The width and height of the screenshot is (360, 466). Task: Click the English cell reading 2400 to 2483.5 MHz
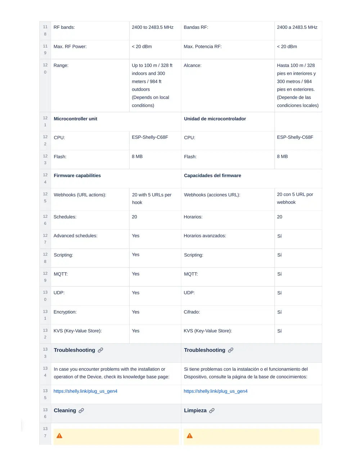point(152,27)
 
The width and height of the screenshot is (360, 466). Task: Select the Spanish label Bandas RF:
point(196,27)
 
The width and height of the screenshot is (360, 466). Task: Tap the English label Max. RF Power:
point(70,46)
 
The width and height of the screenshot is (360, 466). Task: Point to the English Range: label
point(61,66)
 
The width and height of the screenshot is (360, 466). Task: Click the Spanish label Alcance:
point(193,66)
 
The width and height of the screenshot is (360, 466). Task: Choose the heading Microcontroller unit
point(75,119)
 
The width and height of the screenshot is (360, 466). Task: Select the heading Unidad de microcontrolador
point(215,119)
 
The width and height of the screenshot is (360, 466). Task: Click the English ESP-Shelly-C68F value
point(150,137)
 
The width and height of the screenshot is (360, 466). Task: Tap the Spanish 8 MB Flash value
point(282,157)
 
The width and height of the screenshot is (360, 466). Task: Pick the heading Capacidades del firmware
point(212,176)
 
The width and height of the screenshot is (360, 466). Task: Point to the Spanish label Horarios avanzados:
point(205,236)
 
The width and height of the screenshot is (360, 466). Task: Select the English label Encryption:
point(65,312)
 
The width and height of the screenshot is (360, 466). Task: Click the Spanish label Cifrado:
point(192,312)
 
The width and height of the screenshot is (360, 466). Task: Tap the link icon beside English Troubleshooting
point(100,350)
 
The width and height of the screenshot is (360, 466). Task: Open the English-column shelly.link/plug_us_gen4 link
point(85,391)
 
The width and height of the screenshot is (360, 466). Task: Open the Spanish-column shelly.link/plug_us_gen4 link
point(216,391)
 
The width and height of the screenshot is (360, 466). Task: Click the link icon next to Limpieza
point(212,411)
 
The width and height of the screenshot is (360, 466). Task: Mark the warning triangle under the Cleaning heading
point(60,436)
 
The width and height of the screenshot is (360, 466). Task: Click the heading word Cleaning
point(65,411)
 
